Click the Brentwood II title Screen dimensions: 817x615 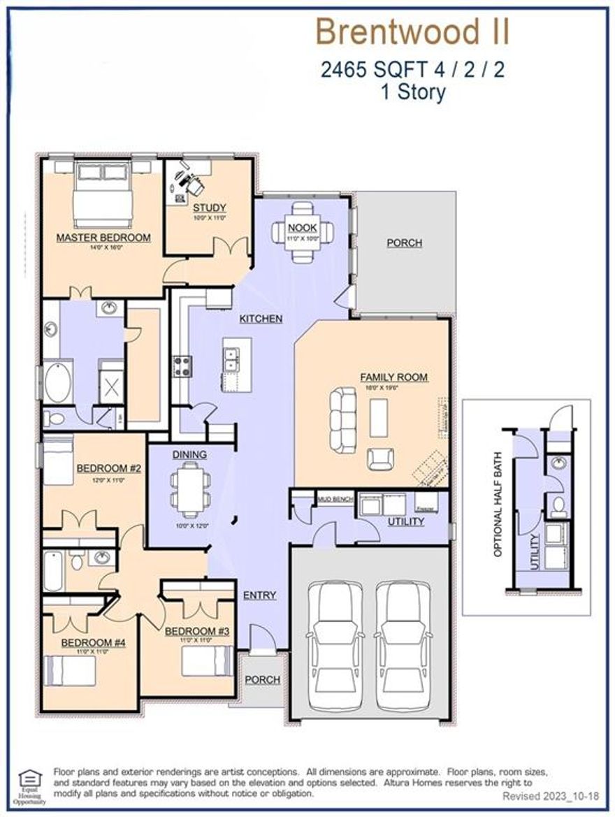click(x=412, y=32)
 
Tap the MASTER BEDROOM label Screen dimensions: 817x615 click(x=103, y=238)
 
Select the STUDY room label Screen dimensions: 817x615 click(x=209, y=208)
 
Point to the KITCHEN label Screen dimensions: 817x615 click(x=261, y=319)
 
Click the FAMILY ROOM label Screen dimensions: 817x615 click(x=393, y=377)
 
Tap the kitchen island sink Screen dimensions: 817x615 click(x=232, y=359)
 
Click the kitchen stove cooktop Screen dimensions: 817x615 click(x=182, y=364)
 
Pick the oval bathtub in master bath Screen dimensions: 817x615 click(x=58, y=381)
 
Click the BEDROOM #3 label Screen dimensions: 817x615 click(x=197, y=632)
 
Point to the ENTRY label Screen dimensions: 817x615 click(x=259, y=595)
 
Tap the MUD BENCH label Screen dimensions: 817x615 click(x=334, y=500)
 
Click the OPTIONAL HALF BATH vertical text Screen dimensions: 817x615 click(x=498, y=504)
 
